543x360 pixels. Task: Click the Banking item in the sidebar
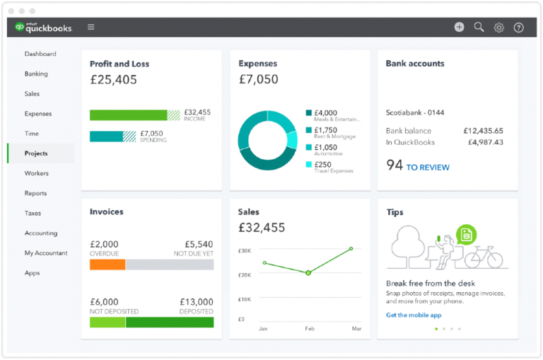point(36,74)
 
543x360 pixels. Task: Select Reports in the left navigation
point(35,193)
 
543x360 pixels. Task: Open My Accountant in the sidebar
point(46,252)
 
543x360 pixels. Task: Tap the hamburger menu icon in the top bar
point(90,28)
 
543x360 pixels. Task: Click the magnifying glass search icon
point(479,27)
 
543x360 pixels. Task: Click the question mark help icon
point(518,28)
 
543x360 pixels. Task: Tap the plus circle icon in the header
point(459,27)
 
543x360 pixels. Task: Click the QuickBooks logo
point(43,28)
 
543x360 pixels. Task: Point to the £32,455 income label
point(197,112)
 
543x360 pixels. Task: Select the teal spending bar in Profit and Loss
point(106,137)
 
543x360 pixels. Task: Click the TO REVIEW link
point(427,168)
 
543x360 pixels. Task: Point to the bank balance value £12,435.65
point(483,131)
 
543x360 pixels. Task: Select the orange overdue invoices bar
point(107,265)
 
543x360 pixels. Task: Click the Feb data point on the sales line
point(308,272)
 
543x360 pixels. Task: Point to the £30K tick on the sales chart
point(245,251)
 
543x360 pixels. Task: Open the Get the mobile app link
point(413,315)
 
